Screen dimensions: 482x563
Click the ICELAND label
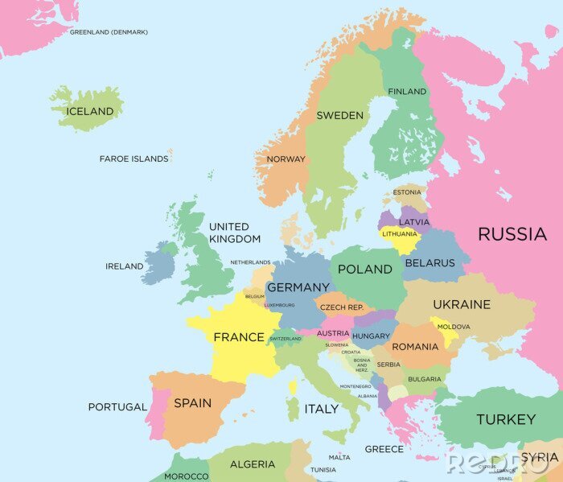(89, 112)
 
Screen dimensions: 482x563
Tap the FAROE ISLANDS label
(134, 159)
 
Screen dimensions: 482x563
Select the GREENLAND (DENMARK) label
(109, 32)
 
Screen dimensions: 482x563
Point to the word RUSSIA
(512, 234)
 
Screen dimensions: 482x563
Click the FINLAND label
(407, 92)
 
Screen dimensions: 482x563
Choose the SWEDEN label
(339, 115)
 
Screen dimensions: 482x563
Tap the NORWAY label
(286, 159)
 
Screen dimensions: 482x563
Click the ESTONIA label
(407, 192)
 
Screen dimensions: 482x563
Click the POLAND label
(364, 270)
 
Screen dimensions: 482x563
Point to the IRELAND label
(124, 266)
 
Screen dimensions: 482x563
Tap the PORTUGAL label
(117, 407)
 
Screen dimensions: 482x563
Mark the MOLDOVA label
(454, 327)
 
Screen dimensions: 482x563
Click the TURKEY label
(505, 419)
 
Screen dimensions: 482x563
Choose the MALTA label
(339, 457)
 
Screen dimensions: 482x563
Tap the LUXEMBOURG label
(279, 305)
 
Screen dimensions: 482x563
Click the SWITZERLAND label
(286, 339)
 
